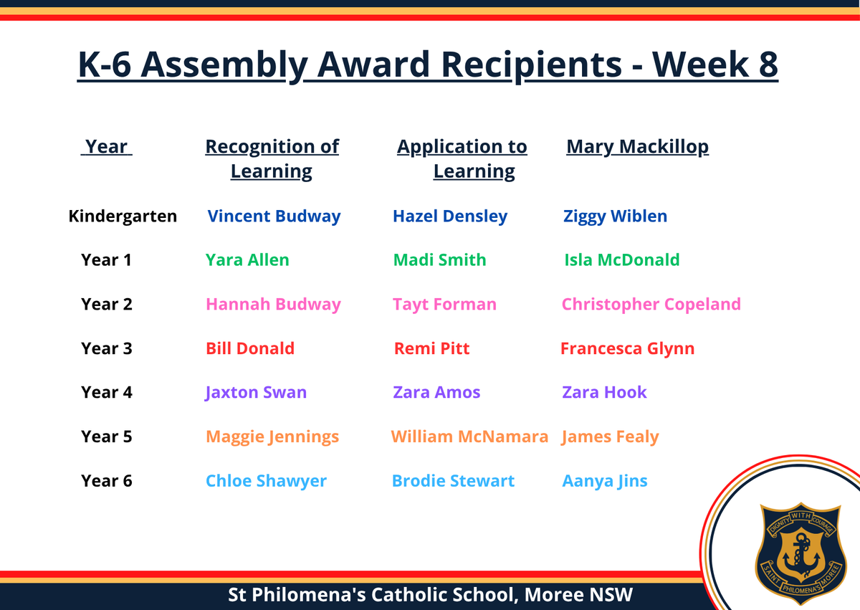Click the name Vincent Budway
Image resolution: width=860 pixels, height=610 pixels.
click(274, 216)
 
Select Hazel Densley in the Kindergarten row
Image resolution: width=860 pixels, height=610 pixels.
click(450, 216)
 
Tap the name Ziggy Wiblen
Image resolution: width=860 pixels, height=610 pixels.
click(615, 216)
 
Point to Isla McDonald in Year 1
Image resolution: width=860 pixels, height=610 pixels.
click(622, 260)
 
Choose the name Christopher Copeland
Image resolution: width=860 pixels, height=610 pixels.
click(651, 305)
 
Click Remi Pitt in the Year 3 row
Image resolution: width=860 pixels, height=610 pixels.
click(432, 348)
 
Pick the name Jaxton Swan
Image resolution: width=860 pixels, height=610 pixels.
click(256, 393)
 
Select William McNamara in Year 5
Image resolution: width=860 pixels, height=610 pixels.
click(469, 437)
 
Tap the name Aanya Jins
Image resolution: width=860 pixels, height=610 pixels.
click(605, 482)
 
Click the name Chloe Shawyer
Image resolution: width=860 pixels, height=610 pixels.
click(266, 482)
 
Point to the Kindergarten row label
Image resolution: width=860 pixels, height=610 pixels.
click(123, 216)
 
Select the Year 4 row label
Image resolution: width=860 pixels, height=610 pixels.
click(106, 392)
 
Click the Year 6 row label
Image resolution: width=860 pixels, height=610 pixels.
click(106, 481)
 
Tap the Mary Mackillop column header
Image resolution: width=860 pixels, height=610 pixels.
click(637, 147)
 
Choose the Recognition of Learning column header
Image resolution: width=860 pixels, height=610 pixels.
click(272, 159)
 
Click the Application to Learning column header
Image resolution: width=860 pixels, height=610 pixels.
click(462, 159)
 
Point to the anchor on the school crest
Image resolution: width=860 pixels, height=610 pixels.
click(801, 555)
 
